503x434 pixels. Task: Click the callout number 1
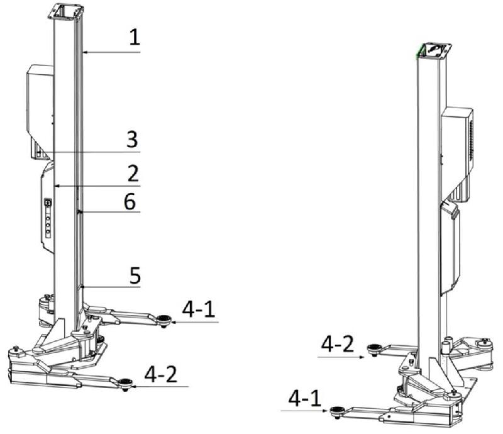tap(135, 36)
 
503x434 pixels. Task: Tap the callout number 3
tap(132, 139)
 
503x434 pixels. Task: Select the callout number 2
tap(133, 174)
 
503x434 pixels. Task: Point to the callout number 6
tap(130, 202)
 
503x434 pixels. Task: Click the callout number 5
tap(135, 275)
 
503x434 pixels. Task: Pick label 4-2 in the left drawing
tap(161, 374)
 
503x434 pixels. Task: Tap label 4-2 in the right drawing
tap(338, 344)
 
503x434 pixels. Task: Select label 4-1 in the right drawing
tap(305, 398)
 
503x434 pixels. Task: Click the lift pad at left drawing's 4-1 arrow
tap(164, 320)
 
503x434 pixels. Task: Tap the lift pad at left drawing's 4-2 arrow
tap(125, 383)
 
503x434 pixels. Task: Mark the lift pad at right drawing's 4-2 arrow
tap(373, 349)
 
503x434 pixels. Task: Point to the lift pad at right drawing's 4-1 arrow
tap(336, 412)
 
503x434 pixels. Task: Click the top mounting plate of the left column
tap(67, 12)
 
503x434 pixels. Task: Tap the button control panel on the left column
tap(48, 218)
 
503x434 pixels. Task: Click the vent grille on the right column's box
tap(471, 140)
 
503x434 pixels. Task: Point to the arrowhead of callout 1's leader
tap(84, 52)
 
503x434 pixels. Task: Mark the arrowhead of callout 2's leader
tap(57, 186)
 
